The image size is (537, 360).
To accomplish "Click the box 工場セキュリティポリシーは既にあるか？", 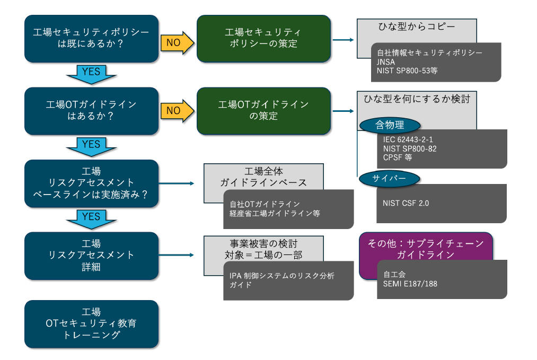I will [91, 38].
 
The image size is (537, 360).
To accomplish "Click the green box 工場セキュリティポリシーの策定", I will [263, 38].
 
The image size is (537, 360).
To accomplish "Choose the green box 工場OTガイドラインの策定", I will [263, 110].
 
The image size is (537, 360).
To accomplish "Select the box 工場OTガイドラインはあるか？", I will [91, 110].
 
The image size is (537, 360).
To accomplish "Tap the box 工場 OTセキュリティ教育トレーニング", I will [91, 323].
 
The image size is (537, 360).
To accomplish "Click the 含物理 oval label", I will [390, 125].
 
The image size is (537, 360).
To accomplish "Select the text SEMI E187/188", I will [410, 284].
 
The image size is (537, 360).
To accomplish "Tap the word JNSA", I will [386, 62].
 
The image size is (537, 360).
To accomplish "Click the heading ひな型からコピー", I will [417, 26].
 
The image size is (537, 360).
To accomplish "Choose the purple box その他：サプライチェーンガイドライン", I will [426, 249].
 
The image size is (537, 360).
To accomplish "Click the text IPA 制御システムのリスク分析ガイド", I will [281, 280].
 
